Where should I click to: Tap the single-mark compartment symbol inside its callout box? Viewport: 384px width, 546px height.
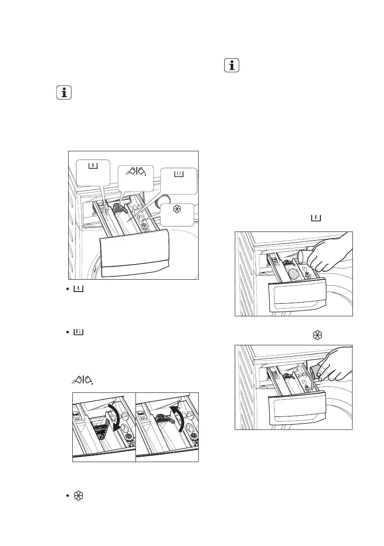93,166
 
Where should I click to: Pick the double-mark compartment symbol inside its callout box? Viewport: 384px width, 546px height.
179,175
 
